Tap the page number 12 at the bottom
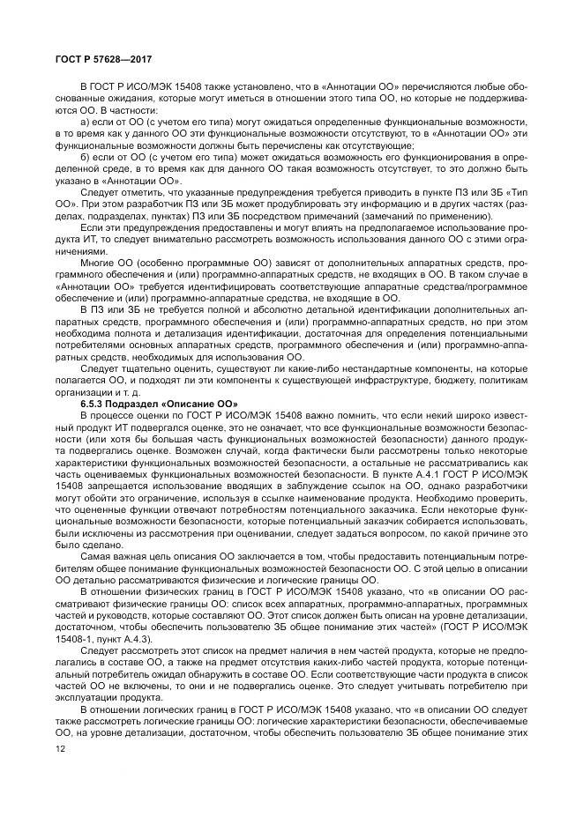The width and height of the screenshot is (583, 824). point(60,747)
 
